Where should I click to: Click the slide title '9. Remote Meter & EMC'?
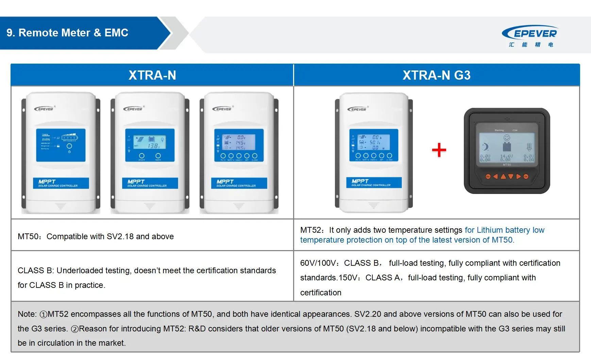point(67,33)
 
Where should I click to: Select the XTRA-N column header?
point(152,75)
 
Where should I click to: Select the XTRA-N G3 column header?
point(436,75)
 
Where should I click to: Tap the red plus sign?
point(439,150)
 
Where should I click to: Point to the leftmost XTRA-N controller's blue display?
point(61,145)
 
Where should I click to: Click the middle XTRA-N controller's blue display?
point(150,145)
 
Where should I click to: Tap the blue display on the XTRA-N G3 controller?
point(373,145)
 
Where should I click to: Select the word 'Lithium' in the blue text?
point(490,230)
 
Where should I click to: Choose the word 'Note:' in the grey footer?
point(27,314)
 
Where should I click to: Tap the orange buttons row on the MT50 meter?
point(507,177)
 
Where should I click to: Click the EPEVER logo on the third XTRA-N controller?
point(222,109)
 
